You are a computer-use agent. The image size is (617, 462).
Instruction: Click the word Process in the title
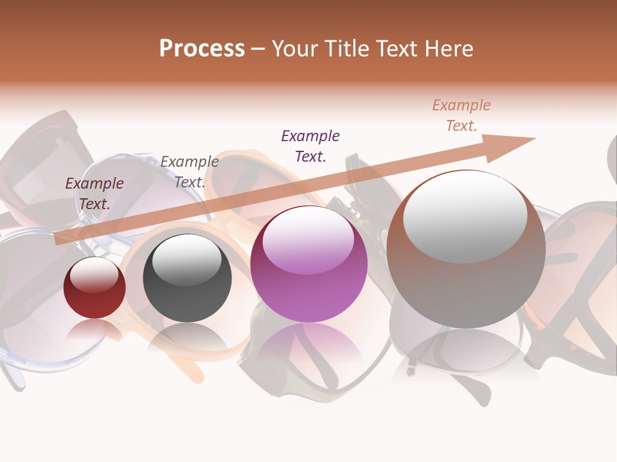coord(202,49)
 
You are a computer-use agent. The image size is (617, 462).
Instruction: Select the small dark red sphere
coord(94,288)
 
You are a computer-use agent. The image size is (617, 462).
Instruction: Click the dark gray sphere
coord(187,278)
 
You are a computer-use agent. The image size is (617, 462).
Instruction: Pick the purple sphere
coord(308,264)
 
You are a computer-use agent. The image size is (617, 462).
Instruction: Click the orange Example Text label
coord(461,116)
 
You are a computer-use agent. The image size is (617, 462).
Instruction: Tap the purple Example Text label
coord(310,146)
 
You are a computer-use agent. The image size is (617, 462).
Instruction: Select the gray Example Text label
coord(189,172)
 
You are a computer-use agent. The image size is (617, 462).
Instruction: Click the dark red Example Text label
coord(94,193)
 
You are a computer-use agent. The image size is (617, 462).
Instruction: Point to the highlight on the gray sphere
coord(186,259)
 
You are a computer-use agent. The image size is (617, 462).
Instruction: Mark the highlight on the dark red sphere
coord(94,275)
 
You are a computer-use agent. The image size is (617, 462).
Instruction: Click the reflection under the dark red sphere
coord(94,330)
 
